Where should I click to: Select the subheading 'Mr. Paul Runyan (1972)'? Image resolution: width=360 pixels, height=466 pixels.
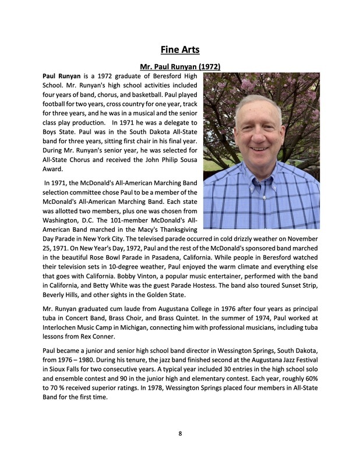179,66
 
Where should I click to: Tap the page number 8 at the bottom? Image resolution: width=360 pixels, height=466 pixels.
180,433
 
